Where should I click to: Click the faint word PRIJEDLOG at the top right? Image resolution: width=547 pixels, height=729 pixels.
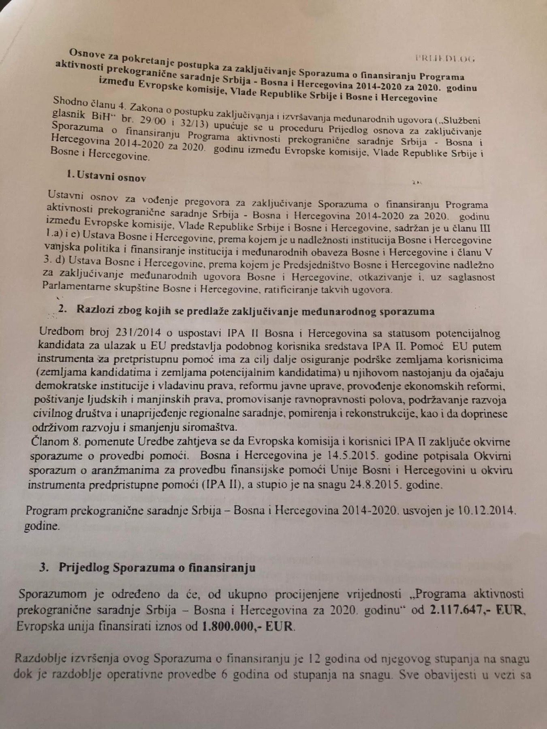click(444, 58)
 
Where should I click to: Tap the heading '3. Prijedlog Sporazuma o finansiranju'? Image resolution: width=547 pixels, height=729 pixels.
click(147, 567)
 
